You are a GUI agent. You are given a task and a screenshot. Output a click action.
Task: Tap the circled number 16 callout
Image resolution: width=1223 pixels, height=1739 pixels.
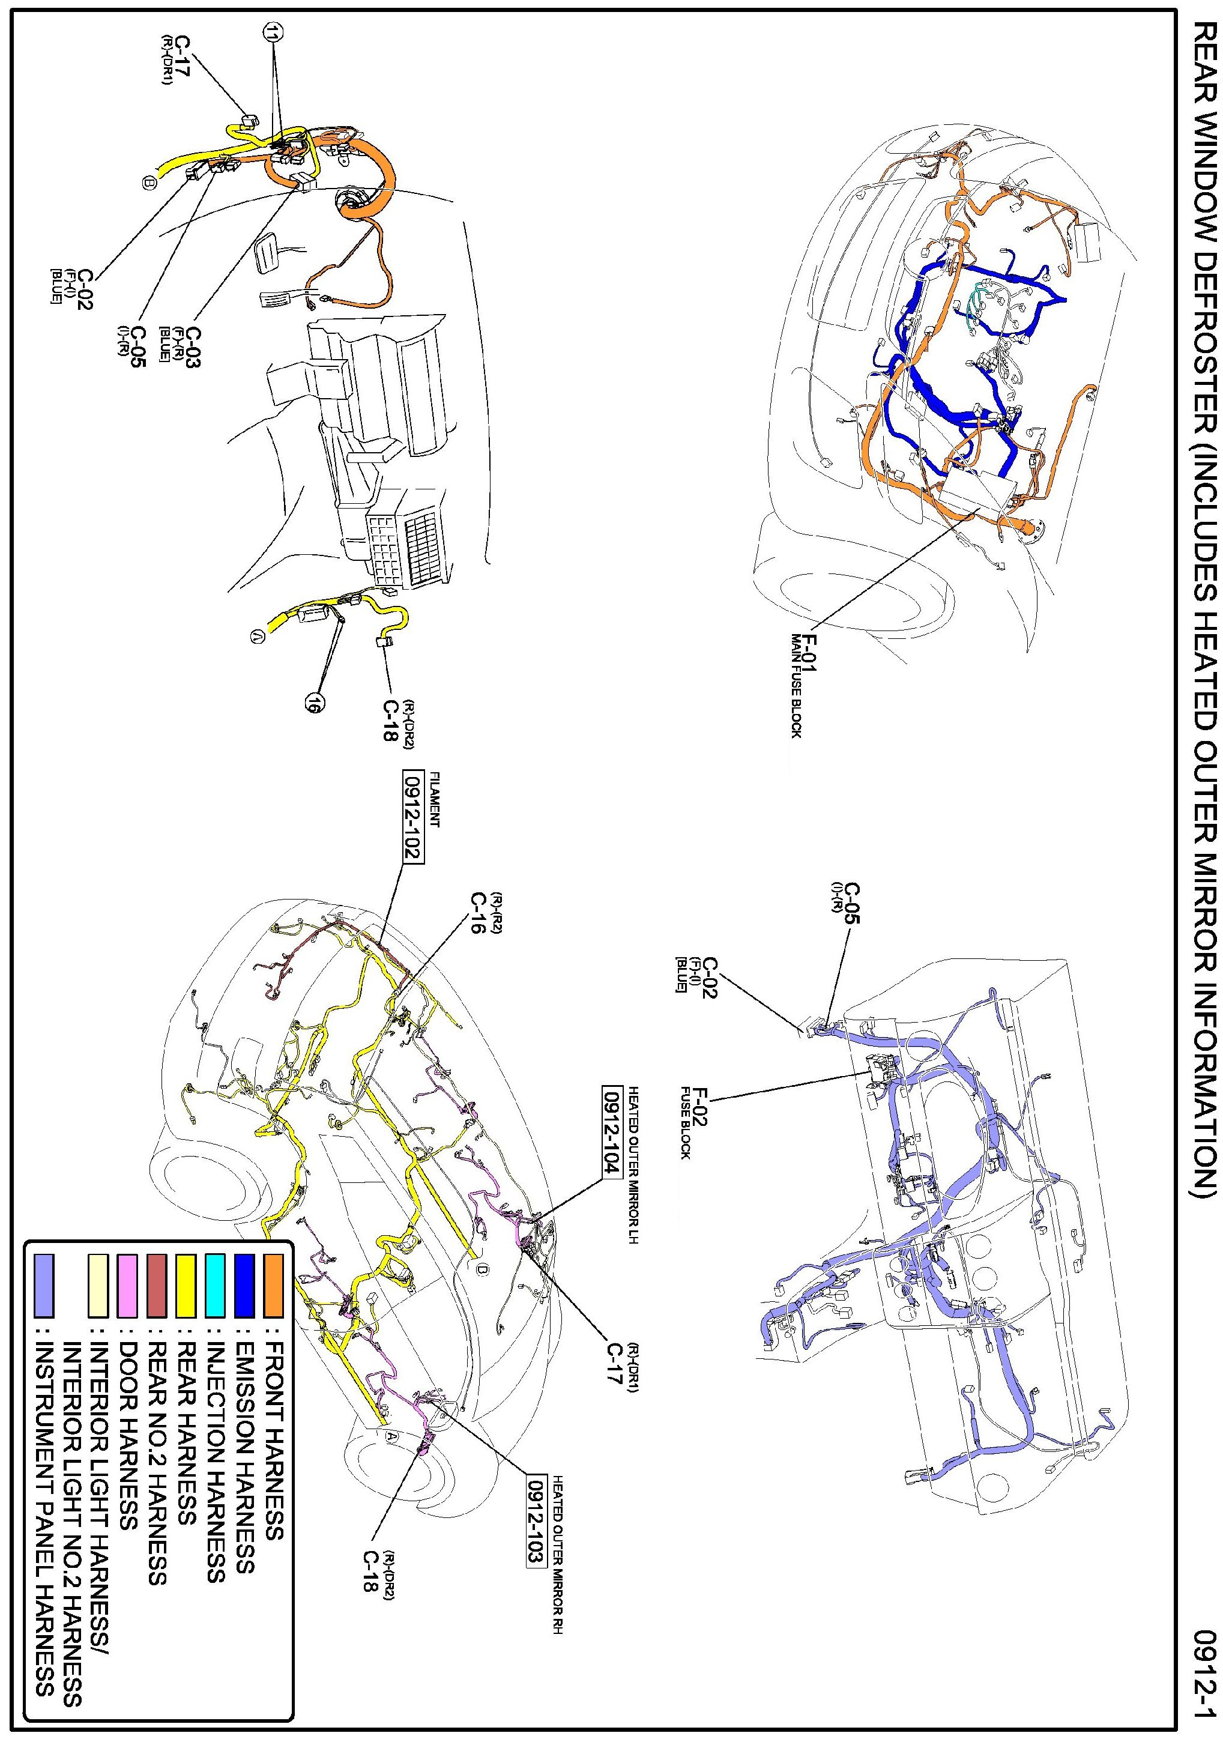coord(310,704)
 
